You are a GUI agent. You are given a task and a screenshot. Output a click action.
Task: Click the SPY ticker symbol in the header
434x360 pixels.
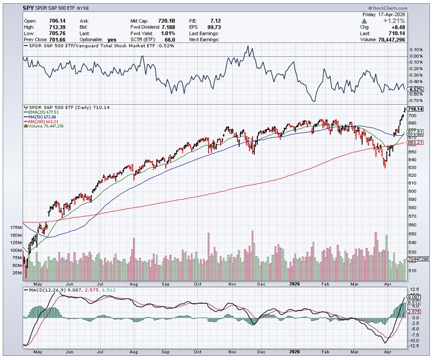pyautogui.click(x=29, y=8)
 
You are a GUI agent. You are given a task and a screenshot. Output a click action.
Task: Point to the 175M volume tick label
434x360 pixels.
pyautogui.click(x=16, y=227)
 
